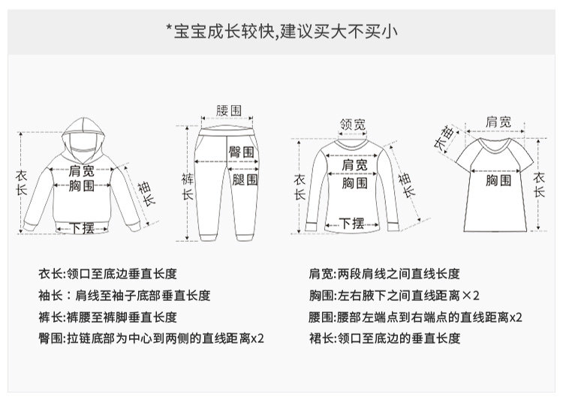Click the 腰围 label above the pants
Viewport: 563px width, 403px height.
point(228,110)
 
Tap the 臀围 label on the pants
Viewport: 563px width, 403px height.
point(241,152)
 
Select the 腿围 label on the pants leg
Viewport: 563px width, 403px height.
point(245,179)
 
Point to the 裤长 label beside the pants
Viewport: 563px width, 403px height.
point(187,186)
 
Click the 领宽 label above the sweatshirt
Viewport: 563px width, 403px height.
point(353,124)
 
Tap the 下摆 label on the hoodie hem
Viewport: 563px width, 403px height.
point(82,228)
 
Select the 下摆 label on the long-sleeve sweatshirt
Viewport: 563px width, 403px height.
point(352,224)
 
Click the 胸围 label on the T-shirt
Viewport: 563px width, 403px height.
point(498,180)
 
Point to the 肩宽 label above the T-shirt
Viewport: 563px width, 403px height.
point(498,122)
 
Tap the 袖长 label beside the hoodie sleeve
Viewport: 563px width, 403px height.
point(146,194)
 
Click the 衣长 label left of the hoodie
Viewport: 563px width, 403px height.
point(21,182)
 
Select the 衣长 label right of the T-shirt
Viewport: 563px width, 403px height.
point(538,185)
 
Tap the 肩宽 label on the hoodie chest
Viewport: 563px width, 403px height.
point(82,171)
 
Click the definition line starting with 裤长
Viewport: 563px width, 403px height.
point(107,317)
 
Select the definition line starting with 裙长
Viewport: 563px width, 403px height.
point(384,338)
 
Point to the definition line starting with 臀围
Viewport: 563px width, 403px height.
point(151,338)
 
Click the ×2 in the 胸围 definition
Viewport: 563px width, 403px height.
point(471,296)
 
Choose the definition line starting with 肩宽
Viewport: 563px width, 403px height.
point(384,274)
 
